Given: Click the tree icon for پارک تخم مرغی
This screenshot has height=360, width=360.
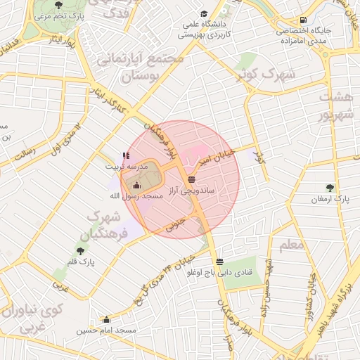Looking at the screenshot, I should tap(58, 5).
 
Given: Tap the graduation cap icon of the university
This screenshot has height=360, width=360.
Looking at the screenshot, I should tap(204, 14).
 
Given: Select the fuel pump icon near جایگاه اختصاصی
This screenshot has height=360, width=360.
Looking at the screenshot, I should tap(303, 20).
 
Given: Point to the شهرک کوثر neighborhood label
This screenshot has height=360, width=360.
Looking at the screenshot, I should tap(264, 73).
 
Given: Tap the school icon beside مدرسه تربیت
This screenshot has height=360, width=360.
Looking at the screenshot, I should tap(126, 156).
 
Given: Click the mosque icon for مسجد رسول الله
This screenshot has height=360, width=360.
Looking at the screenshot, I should tap(136, 185).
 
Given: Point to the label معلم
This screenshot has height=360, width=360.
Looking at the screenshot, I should tap(292, 245).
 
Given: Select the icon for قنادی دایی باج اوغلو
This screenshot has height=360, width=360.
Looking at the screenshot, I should tap(221, 260).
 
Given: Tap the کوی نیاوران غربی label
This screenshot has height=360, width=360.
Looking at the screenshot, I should tap(34, 316).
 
